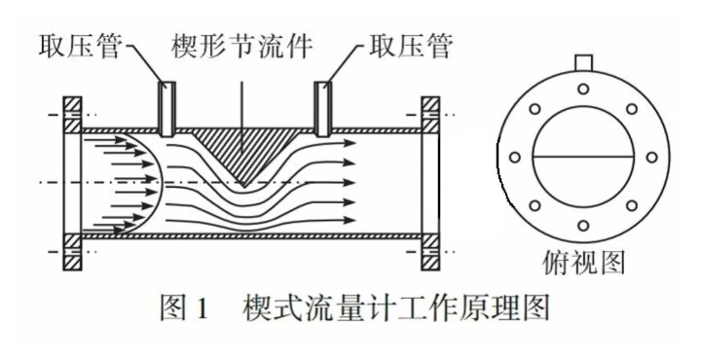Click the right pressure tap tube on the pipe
(x=322, y=106)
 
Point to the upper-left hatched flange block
(x=72, y=115)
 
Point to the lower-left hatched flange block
(x=72, y=250)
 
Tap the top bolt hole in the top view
(x=582, y=90)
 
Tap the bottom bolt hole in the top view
(x=582, y=226)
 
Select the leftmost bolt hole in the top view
(x=514, y=158)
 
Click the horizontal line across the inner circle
(x=582, y=157)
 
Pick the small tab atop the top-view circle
(x=582, y=63)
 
